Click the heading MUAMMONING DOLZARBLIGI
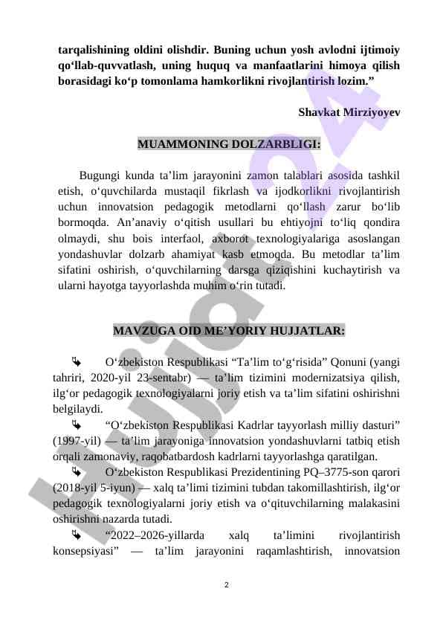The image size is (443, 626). click(x=229, y=143)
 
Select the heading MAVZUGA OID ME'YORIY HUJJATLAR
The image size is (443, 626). click(x=228, y=330)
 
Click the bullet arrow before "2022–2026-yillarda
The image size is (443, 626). click(x=75, y=535)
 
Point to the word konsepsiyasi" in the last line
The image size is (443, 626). click(x=83, y=551)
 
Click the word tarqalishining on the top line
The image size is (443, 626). click(x=95, y=51)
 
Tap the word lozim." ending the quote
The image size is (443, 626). click(x=352, y=82)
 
